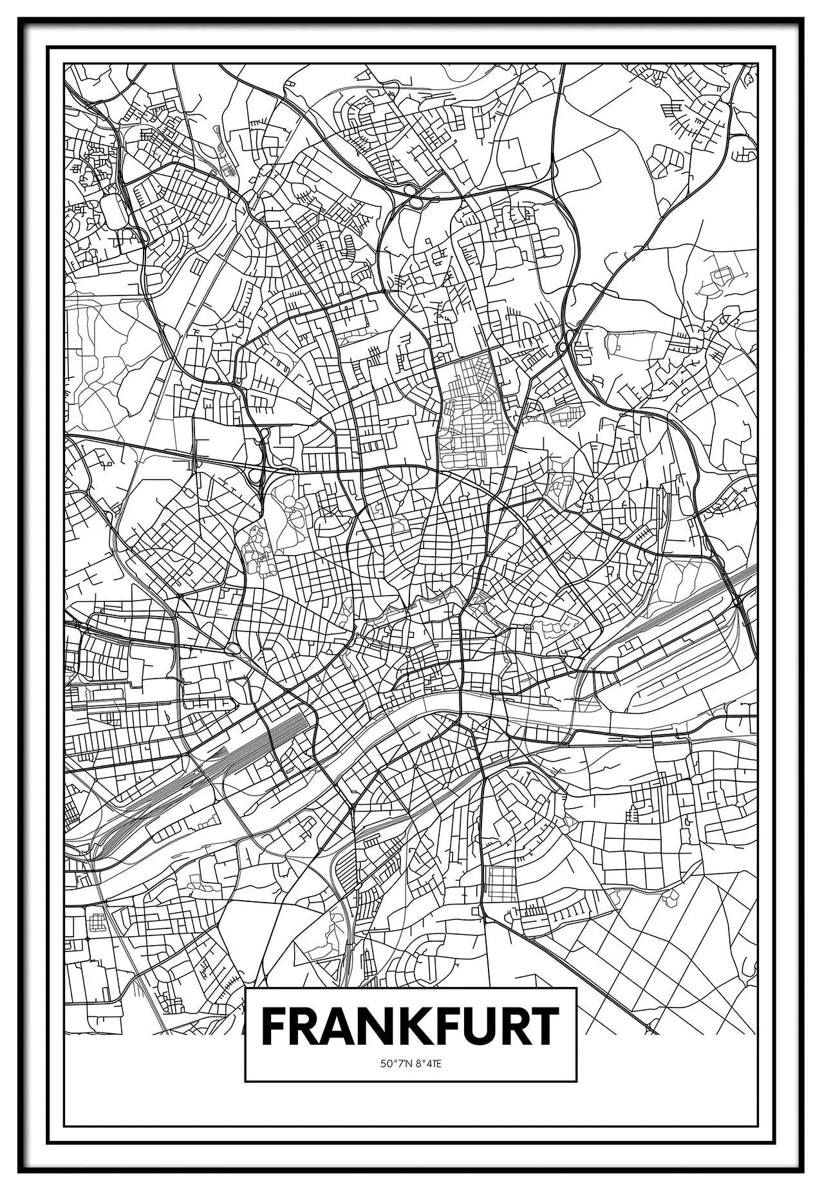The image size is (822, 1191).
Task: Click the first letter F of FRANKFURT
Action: (274, 1027)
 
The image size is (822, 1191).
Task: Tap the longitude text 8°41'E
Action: (427, 1064)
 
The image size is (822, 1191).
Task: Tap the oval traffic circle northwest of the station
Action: (233, 648)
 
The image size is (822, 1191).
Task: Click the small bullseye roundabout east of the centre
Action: (527, 627)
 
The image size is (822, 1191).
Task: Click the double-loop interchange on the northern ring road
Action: (412, 196)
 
